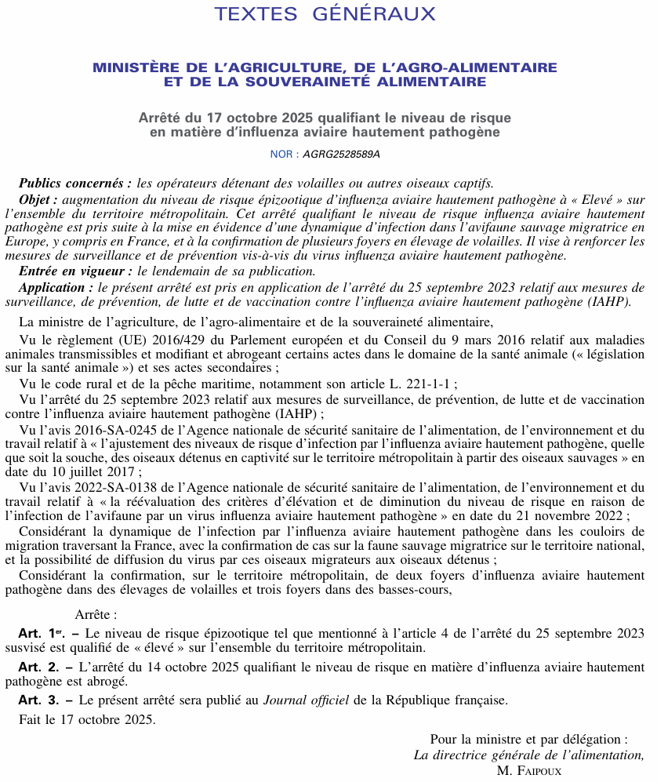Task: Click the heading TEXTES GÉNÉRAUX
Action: (x=325, y=14)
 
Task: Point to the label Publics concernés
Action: (x=75, y=183)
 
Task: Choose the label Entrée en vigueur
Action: (x=75, y=271)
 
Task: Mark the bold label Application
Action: (x=53, y=286)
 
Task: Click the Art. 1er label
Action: (x=40, y=632)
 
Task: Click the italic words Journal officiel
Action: (x=306, y=700)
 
